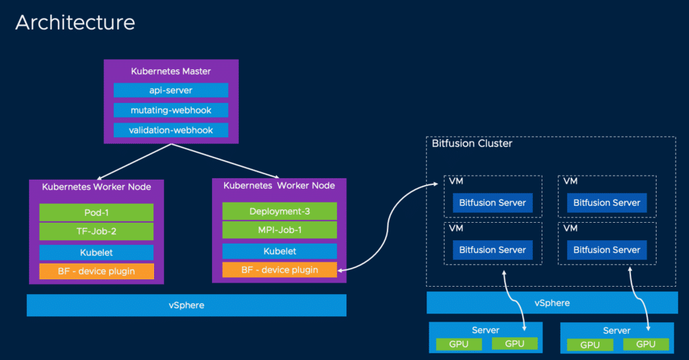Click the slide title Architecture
tap(75, 22)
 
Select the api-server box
tap(171, 90)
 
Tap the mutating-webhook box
tap(171, 110)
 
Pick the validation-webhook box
tap(171, 130)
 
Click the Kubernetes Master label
tap(171, 71)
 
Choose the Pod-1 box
tap(96, 213)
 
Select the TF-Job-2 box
tap(96, 231)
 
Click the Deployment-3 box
tap(279, 211)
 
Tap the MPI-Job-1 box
tap(279, 230)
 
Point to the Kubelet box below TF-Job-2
tap(96, 252)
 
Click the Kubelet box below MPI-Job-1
tap(279, 251)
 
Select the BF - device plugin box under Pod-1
tap(96, 271)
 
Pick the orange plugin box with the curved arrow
tap(279, 270)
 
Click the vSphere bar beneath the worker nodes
tap(186, 305)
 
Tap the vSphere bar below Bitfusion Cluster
tap(552, 303)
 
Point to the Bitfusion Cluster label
tap(472, 143)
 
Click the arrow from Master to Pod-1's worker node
tap(134, 161)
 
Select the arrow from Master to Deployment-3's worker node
tap(225, 161)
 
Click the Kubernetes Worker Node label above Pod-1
tap(96, 187)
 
